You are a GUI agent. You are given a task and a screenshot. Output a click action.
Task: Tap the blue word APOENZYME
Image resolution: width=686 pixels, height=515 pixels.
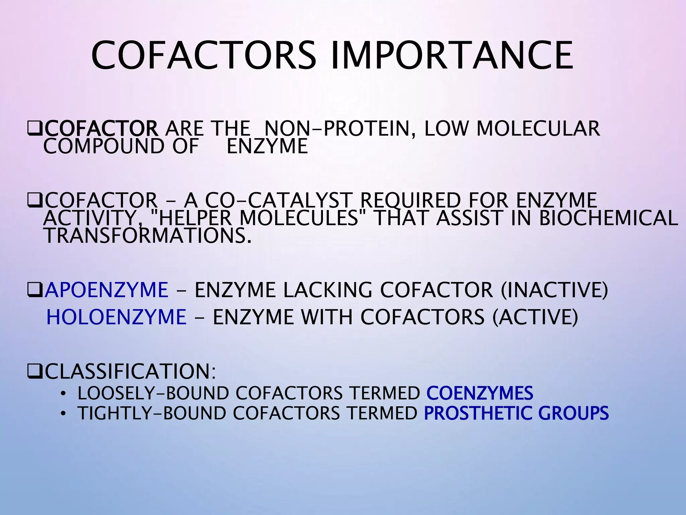pos(107,290)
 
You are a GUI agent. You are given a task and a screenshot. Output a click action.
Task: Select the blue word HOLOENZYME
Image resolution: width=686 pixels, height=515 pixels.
pos(116,317)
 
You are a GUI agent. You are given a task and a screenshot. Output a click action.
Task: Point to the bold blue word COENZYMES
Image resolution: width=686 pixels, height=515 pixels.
pos(480,393)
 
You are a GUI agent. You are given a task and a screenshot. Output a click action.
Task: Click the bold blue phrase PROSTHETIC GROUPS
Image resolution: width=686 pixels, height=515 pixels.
pos(516,413)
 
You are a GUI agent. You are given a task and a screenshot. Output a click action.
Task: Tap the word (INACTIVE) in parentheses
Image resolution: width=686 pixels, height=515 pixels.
pos(554,290)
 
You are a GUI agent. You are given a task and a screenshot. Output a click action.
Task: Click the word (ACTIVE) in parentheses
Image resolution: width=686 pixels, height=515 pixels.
pos(535,317)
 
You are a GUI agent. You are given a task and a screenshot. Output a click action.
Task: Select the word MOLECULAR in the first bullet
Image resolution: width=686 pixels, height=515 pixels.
pos(538,129)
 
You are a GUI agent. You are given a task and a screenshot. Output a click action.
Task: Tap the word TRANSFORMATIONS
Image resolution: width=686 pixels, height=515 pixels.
pos(147,236)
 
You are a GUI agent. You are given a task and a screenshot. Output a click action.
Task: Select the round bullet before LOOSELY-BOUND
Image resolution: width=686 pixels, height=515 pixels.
pos(63,394)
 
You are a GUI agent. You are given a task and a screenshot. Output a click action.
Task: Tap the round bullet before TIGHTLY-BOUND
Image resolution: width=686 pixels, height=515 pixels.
pos(63,413)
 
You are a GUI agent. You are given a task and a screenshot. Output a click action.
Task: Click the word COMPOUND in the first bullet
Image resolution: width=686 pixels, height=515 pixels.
pos(104,147)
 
